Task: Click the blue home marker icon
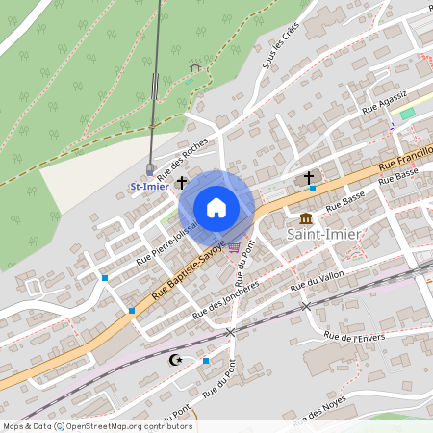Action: [x=216, y=207]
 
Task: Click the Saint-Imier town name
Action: [x=324, y=233]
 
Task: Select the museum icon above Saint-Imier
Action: [x=306, y=216]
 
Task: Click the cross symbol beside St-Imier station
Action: [x=181, y=180]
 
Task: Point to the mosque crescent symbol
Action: [x=174, y=360]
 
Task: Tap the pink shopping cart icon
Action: [x=234, y=247]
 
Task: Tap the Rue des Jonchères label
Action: [x=226, y=299]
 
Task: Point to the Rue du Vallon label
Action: [x=318, y=281]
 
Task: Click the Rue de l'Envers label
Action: [x=348, y=336]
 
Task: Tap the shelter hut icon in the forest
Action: [x=195, y=67]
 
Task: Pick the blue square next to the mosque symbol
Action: [x=206, y=360]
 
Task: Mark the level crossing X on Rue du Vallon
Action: [x=306, y=306]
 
